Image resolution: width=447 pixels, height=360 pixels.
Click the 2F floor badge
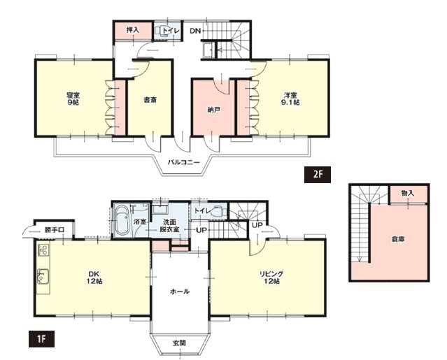tap(318, 174)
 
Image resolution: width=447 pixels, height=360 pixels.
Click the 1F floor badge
tap(41, 338)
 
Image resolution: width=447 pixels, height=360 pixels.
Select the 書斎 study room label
tap(150, 100)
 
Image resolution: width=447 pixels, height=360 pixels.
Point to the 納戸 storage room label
tap(213, 110)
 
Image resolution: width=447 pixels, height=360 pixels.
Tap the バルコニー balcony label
tap(183, 163)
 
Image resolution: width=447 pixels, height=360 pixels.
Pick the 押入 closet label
tap(132, 29)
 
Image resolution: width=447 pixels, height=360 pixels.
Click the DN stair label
tap(196, 31)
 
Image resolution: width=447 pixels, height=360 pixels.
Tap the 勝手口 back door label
tap(54, 230)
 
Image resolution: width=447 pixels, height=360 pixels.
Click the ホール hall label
tap(180, 291)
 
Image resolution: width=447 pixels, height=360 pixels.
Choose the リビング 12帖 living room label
tap(271, 278)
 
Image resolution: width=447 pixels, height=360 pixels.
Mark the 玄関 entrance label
tap(179, 343)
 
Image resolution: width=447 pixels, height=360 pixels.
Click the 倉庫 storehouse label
tap(397, 240)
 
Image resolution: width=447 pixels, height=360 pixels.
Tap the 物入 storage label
tap(407, 193)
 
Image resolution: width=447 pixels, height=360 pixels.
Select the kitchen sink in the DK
tap(43, 277)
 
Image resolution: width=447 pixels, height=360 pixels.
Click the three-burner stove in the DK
tap(43, 251)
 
